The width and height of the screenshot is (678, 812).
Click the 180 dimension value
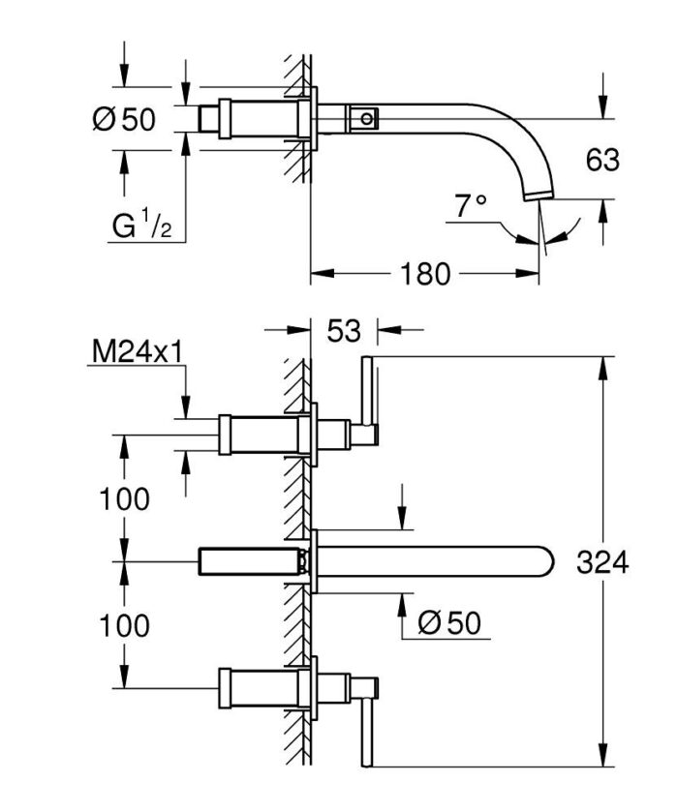tap(425, 275)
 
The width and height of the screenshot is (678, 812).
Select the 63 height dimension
tap(601, 160)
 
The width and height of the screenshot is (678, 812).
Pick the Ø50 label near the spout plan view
tap(448, 624)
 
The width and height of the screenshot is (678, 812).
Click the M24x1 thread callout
tap(138, 352)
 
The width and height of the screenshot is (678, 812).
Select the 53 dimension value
tap(343, 331)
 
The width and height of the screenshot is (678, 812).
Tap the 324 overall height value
tap(602, 562)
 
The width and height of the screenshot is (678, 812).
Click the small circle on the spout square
tap(365, 119)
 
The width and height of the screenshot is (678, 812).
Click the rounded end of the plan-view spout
tap(548, 562)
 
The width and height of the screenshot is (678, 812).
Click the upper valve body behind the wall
tap(257, 435)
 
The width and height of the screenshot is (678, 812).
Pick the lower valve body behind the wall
tap(257, 688)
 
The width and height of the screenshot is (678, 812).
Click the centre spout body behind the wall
tap(247, 562)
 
